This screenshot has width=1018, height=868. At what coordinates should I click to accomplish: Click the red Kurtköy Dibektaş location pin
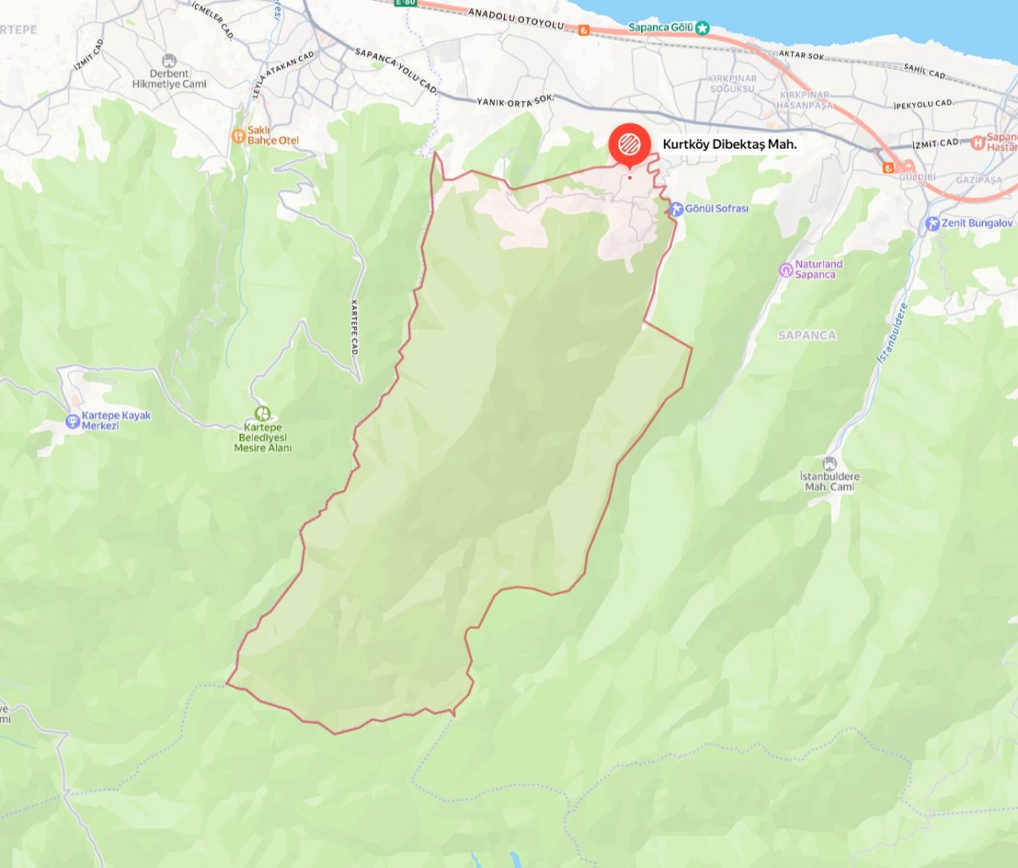(x=629, y=144)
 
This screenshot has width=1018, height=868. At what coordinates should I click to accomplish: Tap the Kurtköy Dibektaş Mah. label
(x=729, y=145)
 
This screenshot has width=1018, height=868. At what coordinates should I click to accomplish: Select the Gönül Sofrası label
(x=717, y=209)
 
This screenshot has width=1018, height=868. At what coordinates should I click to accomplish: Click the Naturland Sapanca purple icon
(x=786, y=270)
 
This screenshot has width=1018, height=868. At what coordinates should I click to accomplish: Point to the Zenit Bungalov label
(x=977, y=223)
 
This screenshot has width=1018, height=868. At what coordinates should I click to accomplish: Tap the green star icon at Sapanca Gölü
(x=702, y=28)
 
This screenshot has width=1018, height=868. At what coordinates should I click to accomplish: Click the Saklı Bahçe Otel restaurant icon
(x=238, y=136)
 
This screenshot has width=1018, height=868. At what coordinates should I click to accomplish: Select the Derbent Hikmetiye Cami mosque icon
(x=169, y=61)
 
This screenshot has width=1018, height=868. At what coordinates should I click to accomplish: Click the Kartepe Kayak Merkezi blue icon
(x=72, y=420)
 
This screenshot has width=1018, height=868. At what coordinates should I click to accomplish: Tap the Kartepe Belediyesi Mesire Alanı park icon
(x=262, y=413)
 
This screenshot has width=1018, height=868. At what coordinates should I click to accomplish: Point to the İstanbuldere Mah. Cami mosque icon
(x=830, y=463)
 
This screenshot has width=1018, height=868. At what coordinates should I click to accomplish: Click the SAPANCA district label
(x=807, y=335)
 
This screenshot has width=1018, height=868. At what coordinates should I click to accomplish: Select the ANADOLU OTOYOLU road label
(x=516, y=17)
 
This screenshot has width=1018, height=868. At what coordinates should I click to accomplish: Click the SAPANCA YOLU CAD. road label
(x=396, y=71)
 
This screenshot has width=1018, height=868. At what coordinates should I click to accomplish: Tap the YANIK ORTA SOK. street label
(x=515, y=101)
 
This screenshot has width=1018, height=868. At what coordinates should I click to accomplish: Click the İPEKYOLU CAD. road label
(x=923, y=104)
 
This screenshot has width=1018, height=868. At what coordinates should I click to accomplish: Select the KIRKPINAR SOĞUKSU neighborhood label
(x=732, y=83)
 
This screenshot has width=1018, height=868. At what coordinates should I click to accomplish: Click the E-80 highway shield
(x=405, y=2)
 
